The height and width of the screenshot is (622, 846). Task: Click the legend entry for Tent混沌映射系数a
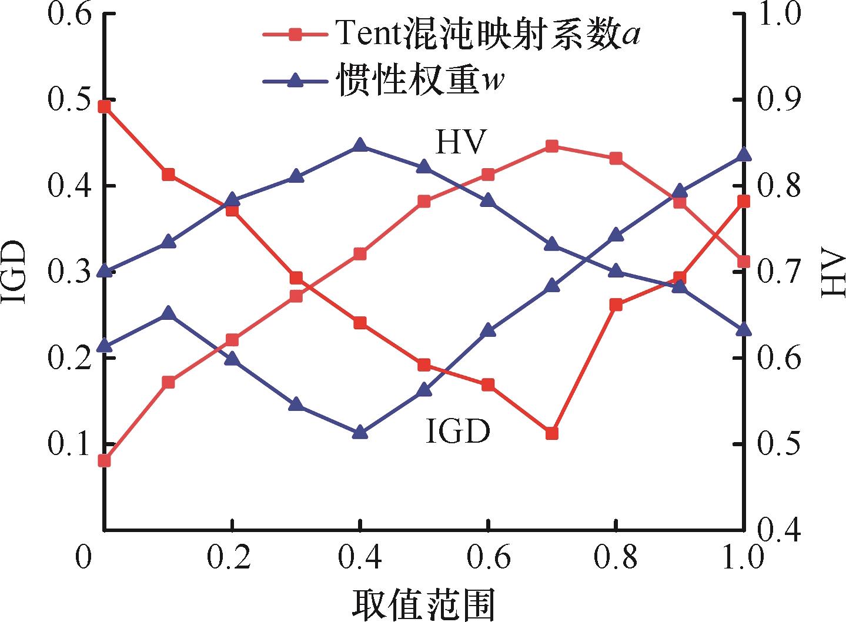(452, 35)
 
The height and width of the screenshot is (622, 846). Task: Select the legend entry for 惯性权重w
(383, 80)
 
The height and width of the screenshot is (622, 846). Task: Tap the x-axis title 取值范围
(423, 604)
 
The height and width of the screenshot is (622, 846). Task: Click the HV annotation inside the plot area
(459, 142)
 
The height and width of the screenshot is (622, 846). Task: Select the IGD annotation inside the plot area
(458, 431)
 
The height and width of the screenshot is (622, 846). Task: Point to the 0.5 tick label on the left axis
(70, 100)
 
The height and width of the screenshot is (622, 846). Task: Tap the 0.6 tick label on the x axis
(489, 557)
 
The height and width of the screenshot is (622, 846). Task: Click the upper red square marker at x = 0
(105, 107)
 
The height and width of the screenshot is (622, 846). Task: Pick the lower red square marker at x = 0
(105, 461)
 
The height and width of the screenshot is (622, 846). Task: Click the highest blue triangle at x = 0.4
(360, 144)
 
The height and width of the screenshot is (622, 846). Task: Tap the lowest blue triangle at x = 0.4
(360, 432)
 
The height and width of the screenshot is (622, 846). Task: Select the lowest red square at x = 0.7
(552, 433)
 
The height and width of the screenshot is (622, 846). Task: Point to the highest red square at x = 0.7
(552, 146)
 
